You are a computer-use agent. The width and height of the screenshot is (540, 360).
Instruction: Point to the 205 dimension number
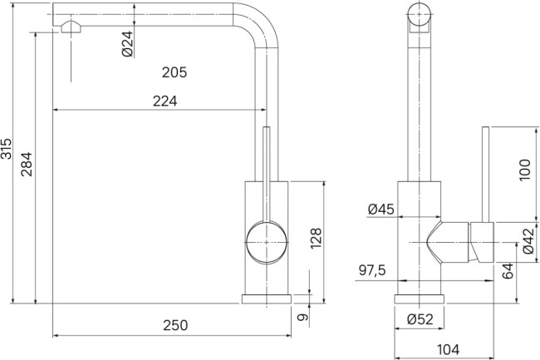click(174, 72)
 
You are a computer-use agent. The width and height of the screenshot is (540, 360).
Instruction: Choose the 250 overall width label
click(174, 325)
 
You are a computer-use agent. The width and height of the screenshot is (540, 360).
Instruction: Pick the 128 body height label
click(316, 239)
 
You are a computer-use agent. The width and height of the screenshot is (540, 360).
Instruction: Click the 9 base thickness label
click(304, 317)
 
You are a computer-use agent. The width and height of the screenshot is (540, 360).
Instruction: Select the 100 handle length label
click(523, 170)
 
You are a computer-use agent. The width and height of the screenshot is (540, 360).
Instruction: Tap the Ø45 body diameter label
click(380, 210)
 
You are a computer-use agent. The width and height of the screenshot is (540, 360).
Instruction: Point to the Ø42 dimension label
click(528, 241)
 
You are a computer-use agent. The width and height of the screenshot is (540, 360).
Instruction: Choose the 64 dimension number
click(508, 270)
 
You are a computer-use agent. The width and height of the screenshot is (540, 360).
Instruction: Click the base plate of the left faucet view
click(266, 298)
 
